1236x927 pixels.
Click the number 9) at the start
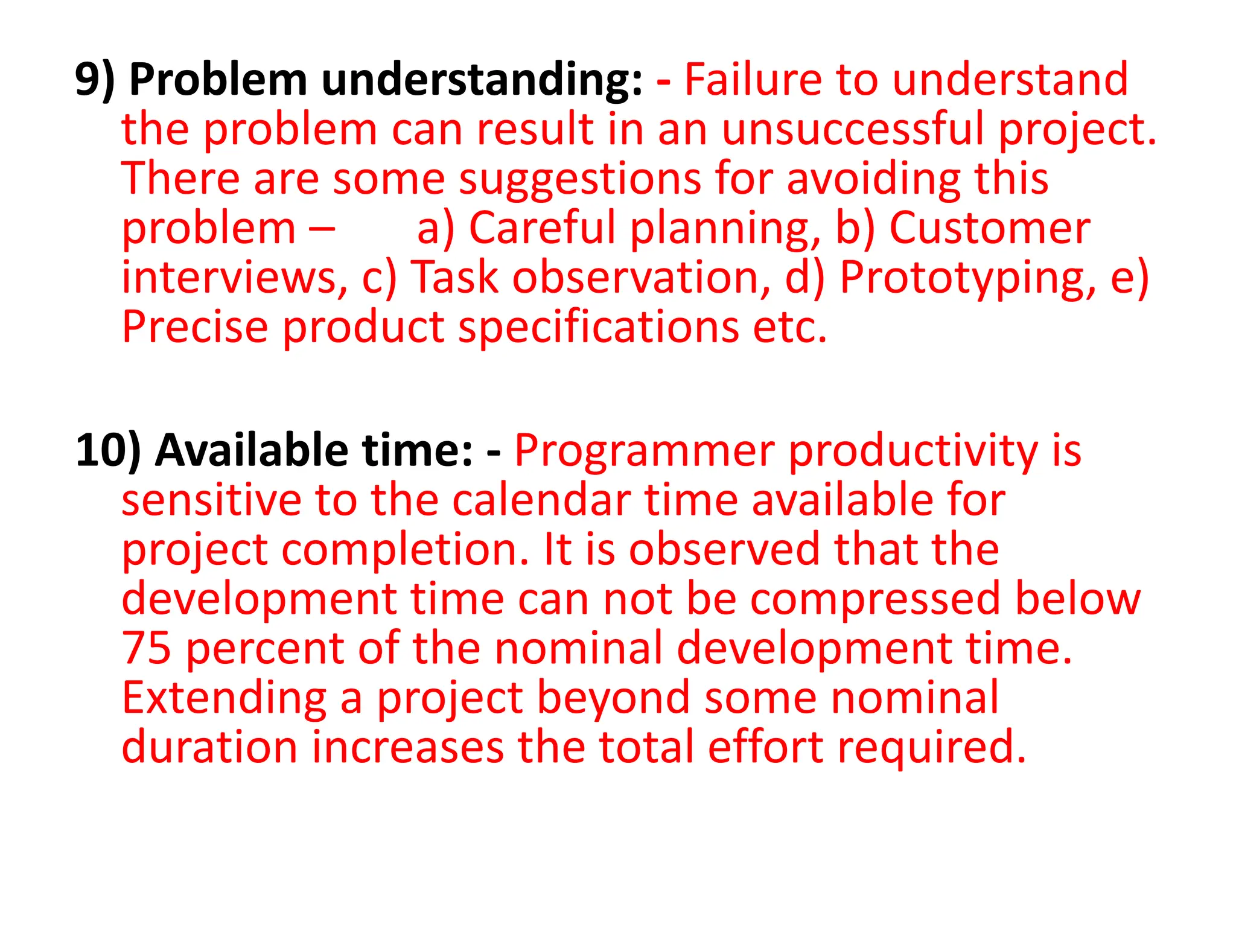(95, 80)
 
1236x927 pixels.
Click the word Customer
(990, 228)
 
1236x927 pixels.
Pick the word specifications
(599, 327)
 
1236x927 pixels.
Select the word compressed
(874, 599)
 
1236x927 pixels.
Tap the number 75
(146, 648)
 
